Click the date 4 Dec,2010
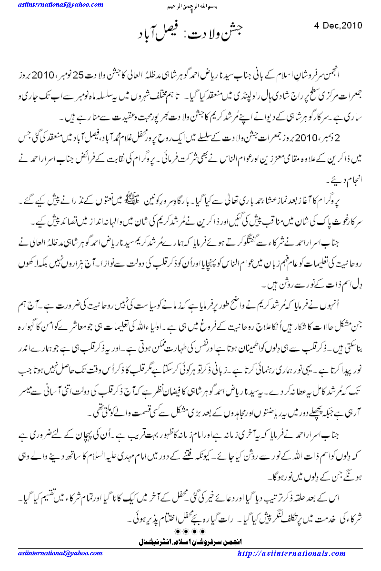[339, 25]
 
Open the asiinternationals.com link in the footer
[291, 553]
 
